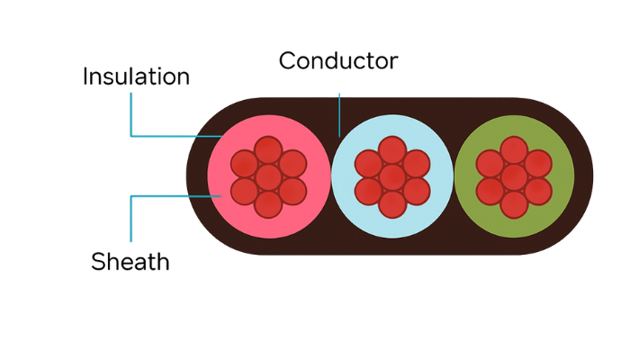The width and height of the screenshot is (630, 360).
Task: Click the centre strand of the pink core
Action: click(x=268, y=177)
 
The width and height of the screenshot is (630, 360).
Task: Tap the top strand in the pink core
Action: click(x=268, y=150)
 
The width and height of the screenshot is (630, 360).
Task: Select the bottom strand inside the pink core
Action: click(x=268, y=204)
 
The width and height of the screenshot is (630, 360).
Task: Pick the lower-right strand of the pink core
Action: click(x=292, y=191)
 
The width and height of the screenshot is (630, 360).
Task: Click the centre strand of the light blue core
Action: click(x=392, y=177)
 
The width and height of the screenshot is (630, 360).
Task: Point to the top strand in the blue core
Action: click(x=392, y=150)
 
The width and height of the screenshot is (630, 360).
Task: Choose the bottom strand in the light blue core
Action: click(x=392, y=204)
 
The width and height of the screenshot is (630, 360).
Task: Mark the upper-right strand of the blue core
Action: click(x=416, y=164)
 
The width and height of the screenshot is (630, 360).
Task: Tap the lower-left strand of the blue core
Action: click(x=369, y=191)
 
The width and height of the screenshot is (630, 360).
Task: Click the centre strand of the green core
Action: click(x=514, y=177)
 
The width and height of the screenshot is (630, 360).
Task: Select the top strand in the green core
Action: click(x=514, y=150)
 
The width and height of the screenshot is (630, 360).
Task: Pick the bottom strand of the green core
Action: click(x=514, y=204)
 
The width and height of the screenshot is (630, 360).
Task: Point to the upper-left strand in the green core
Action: click(x=490, y=164)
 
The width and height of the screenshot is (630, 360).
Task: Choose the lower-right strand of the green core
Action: click(x=537, y=191)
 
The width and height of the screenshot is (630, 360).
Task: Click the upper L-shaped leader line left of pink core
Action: click(x=131, y=117)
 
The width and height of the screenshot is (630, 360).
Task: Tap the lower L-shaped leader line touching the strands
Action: click(x=131, y=216)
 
